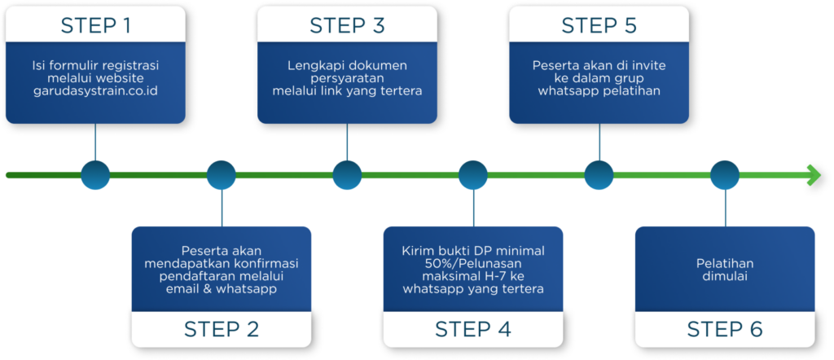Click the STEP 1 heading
click(95, 25)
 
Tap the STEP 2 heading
click(221, 329)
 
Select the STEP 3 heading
click(347, 25)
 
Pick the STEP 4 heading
click(472, 329)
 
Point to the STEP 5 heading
click(599, 25)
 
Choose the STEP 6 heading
click(724, 329)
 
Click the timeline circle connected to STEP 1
click(95, 174)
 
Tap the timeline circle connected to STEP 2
click(221, 174)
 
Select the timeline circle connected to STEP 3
click(347, 174)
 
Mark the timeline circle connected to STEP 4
click(472, 174)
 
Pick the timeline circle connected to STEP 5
click(599, 174)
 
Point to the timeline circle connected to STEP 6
click(724, 174)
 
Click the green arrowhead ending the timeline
click(813, 174)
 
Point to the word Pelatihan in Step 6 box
click(724, 263)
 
